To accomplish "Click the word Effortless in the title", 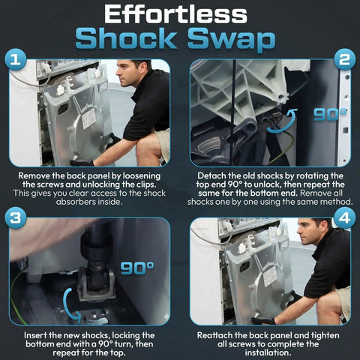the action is pyautogui.click(x=175, y=15).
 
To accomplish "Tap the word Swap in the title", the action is pyautogui.click(x=232, y=38).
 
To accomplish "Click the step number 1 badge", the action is pyautogui.click(x=16, y=60).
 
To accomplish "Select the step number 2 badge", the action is pyautogui.click(x=344, y=60).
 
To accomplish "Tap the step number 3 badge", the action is pyautogui.click(x=16, y=217).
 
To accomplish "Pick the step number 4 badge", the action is pyautogui.click(x=344, y=217).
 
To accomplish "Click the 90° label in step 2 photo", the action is pyautogui.click(x=330, y=115).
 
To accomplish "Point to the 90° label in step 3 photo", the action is pyautogui.click(x=137, y=268).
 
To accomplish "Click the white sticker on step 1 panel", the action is pyautogui.click(x=89, y=118).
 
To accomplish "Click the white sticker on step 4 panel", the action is pyautogui.click(x=270, y=276).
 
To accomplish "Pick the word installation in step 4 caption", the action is pyautogui.click(x=268, y=352).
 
